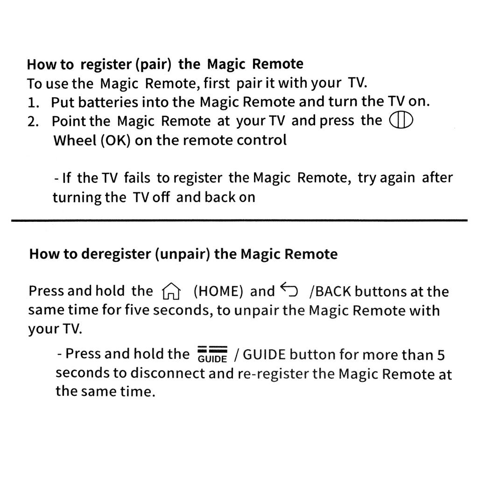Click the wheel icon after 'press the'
[x=401, y=121]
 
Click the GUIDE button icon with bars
[x=212, y=354]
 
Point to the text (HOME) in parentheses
[x=218, y=292]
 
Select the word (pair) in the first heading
[x=150, y=64]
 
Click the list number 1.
[x=33, y=102]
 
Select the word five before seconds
[x=136, y=310]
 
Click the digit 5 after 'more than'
[x=440, y=355]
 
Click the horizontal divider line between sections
[x=239, y=220]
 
